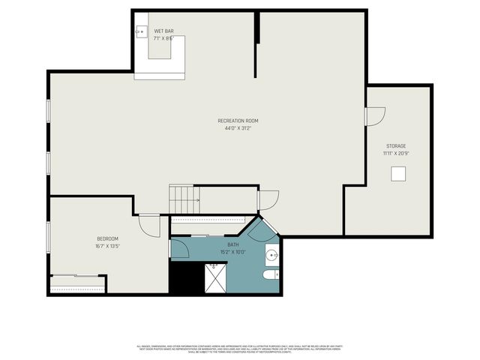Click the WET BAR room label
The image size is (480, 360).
(x=163, y=31)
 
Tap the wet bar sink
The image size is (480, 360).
(x=142, y=32)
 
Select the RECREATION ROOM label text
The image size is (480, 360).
(x=238, y=121)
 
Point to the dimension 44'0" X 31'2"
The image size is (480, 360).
(x=238, y=128)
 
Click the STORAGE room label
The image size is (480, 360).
(x=396, y=146)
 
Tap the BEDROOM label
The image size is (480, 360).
(x=108, y=238)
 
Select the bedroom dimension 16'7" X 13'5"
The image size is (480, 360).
(x=108, y=246)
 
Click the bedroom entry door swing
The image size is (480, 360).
(x=149, y=226)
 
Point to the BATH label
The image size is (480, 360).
(x=233, y=244)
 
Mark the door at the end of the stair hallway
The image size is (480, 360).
(x=267, y=200)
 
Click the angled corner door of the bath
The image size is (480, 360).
(x=263, y=230)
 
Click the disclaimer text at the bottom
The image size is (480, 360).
(x=239, y=349)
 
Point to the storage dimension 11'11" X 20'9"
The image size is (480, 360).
(x=396, y=154)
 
